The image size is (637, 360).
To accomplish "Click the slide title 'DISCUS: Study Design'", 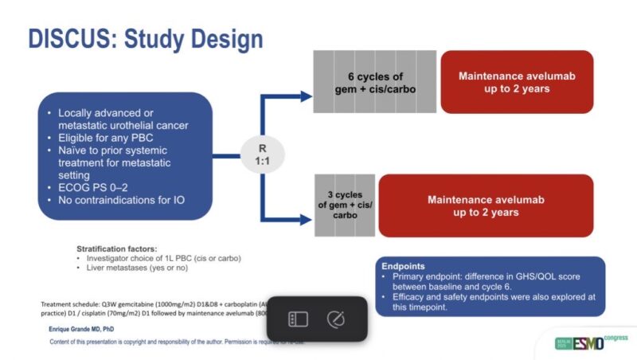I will (146, 39).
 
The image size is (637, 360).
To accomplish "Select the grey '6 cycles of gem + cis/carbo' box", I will (373, 83).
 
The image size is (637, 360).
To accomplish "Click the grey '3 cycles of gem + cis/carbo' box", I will (345, 205).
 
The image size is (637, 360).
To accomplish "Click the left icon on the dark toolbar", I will (299, 319).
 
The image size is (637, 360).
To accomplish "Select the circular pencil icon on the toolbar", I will (336, 319).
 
